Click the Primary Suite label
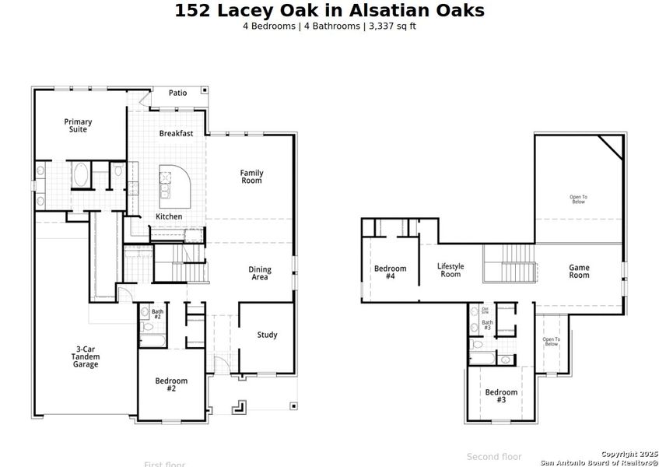(78, 125)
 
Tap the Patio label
(177, 93)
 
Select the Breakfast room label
(176, 133)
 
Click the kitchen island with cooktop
(174, 184)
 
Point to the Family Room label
(251, 177)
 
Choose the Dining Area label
(260, 273)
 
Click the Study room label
(267, 335)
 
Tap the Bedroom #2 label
(171, 384)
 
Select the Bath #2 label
(157, 314)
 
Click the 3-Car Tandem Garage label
(86, 356)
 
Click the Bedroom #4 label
(390, 272)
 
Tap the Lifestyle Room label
(450, 270)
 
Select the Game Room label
(579, 272)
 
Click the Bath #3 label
(487, 325)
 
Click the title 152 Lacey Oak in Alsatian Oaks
(329, 10)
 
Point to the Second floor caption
(494, 457)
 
